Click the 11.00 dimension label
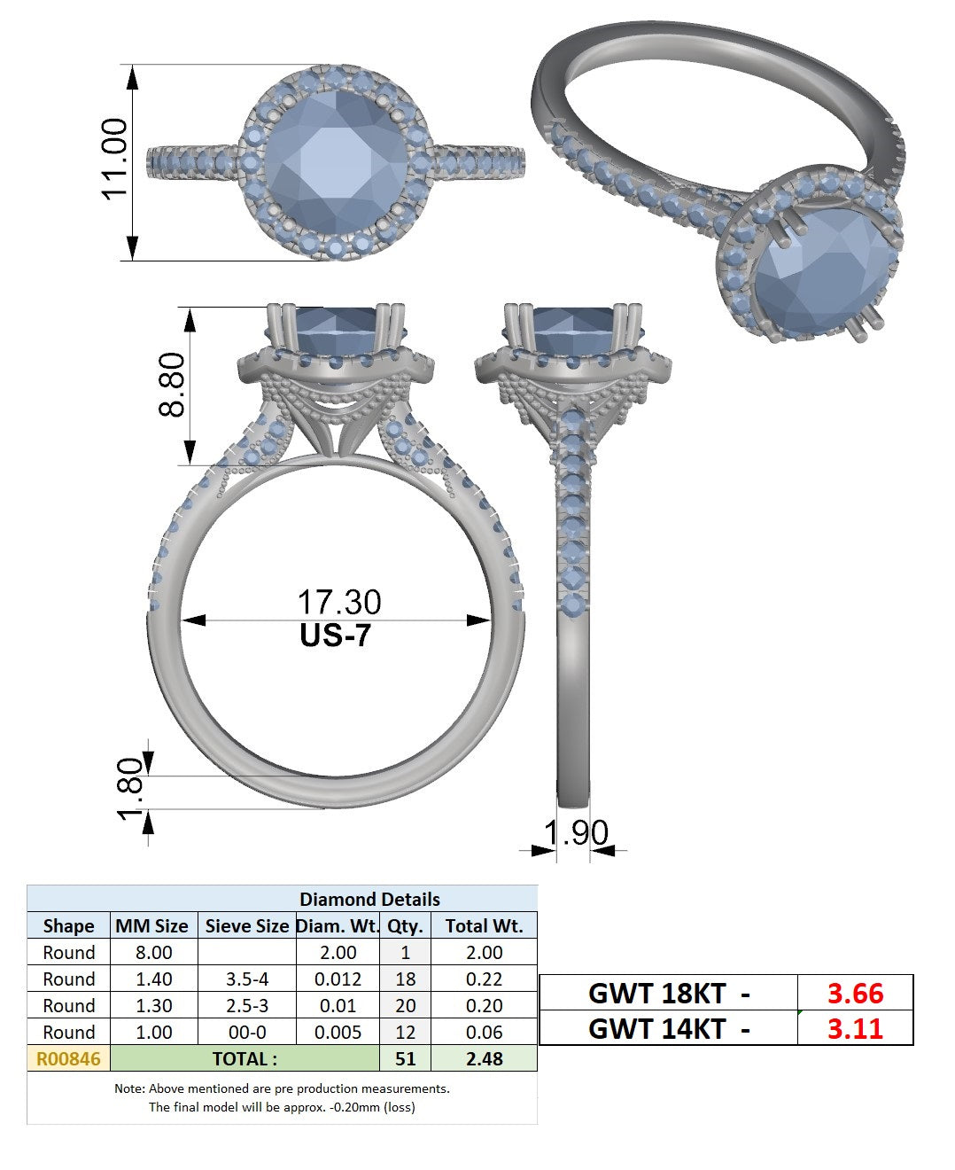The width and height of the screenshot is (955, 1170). click(x=114, y=159)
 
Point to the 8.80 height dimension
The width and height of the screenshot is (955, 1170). click(x=171, y=385)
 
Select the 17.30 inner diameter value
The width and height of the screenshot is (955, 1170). click(x=339, y=602)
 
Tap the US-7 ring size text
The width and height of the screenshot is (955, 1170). click(x=336, y=636)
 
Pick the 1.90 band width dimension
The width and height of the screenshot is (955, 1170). click(x=576, y=832)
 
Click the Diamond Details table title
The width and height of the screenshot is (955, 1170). click(x=369, y=900)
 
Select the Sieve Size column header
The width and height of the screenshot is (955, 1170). click(x=247, y=926)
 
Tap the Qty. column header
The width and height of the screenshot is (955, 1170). click(x=405, y=926)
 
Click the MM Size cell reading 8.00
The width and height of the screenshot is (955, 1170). click(x=153, y=953)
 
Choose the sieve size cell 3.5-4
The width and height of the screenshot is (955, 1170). click(x=247, y=979)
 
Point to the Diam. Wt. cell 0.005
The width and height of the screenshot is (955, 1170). click(x=338, y=1033)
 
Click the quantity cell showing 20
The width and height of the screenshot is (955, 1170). click(x=406, y=1006)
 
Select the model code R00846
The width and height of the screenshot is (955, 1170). click(x=68, y=1059)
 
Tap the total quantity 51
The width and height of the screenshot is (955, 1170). click(x=406, y=1059)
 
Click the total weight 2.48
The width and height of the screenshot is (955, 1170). click(x=485, y=1059)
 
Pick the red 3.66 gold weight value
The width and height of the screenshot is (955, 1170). click(x=855, y=994)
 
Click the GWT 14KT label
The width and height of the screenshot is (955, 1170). click(x=657, y=1029)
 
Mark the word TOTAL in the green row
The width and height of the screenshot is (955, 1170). click(x=239, y=1059)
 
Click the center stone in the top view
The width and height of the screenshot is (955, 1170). click(x=336, y=163)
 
